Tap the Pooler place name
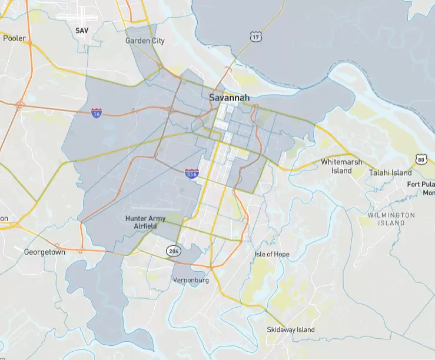[x=15, y=38]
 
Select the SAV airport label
[x=81, y=29]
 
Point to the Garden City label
[x=145, y=41]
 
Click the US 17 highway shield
[x=255, y=37]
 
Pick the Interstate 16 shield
[x=97, y=112]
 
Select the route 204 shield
[x=172, y=251]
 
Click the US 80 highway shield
[x=420, y=159]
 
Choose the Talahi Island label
[x=390, y=173]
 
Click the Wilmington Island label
[x=391, y=219]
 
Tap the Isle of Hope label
[x=272, y=254]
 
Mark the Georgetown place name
[x=44, y=252]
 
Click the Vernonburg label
[x=191, y=281]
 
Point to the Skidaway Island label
[x=291, y=330]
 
